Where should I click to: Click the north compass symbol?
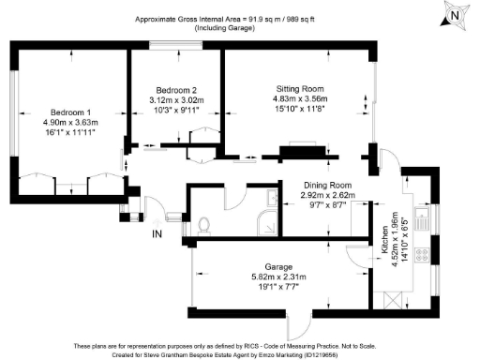454,16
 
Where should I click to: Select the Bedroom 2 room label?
175,89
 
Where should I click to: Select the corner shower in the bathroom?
268,223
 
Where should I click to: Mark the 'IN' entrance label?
157,233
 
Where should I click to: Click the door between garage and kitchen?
356,256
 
